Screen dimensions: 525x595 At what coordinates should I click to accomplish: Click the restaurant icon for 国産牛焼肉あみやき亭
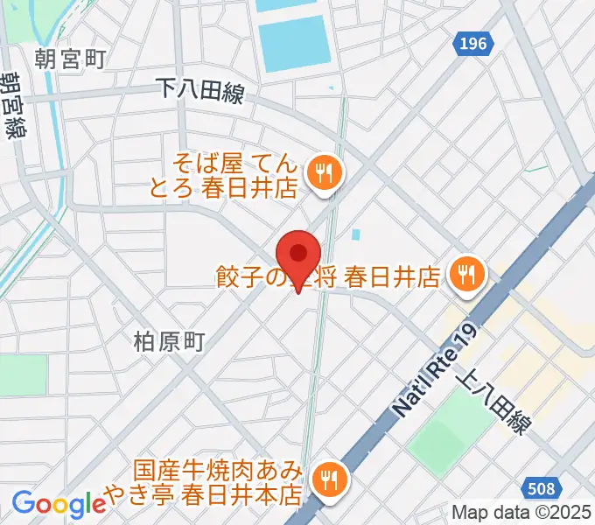tap(330, 479)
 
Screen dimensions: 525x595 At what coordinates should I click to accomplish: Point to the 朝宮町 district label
tap(71, 59)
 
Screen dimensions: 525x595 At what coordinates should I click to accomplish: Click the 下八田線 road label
tap(199, 89)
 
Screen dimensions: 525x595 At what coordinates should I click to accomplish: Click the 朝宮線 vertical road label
tap(13, 105)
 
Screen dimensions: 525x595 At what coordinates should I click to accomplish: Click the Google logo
tap(59, 503)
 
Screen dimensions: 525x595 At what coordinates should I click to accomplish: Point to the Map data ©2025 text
tap(521, 513)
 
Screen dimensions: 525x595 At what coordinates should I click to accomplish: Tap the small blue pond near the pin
tap(357, 234)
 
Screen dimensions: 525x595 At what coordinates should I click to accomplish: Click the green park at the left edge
tap(22, 374)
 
